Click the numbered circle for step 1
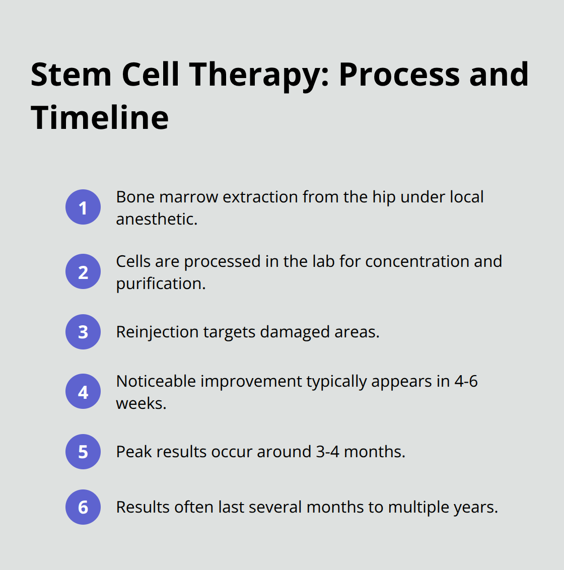pyautogui.click(x=83, y=207)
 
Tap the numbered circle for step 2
pyautogui.click(x=83, y=272)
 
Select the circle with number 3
pyautogui.click(x=83, y=332)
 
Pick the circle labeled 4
pyautogui.click(x=83, y=391)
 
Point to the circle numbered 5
pyautogui.click(x=83, y=452)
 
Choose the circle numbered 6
pyautogui.click(x=83, y=507)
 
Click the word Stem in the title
pyautogui.click(x=71, y=75)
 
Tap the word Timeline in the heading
pyautogui.click(x=100, y=118)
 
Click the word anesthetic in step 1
pyautogui.click(x=156, y=219)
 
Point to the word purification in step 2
pyautogui.click(x=160, y=283)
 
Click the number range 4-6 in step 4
pyautogui.click(x=466, y=381)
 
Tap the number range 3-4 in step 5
pyautogui.click(x=327, y=452)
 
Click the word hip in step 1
pyautogui.click(x=383, y=197)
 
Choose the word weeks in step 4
pyautogui.click(x=140, y=403)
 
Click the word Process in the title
pyautogui.click(x=399, y=75)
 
